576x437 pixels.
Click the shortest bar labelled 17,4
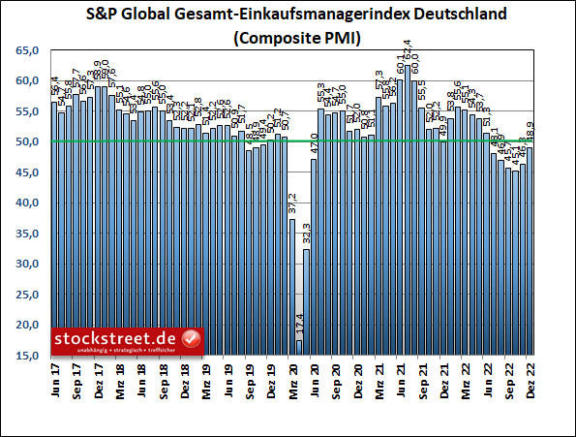coord(299,347)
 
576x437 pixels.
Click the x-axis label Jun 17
coord(54,377)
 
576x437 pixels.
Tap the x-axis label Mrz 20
coord(292,377)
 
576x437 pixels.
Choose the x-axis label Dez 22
coord(530,377)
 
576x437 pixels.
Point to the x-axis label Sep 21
coord(422,377)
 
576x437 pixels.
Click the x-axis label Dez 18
coord(184,377)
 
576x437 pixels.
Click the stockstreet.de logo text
coord(116,338)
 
